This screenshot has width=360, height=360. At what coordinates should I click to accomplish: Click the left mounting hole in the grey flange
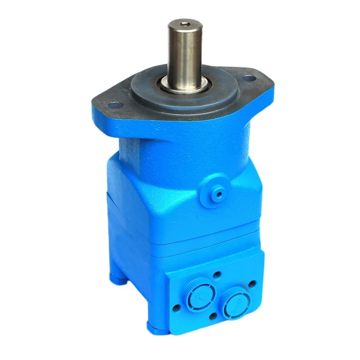click(114, 105)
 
